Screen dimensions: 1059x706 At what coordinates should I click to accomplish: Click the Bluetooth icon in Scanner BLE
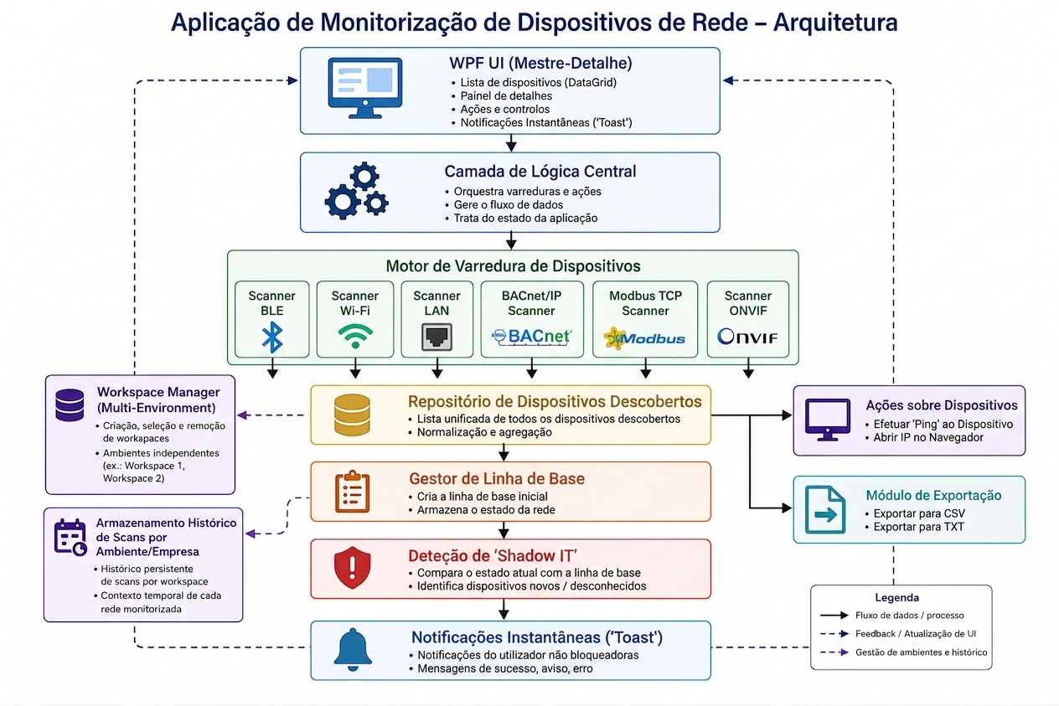272,337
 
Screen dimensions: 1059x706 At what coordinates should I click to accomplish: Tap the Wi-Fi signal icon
355,337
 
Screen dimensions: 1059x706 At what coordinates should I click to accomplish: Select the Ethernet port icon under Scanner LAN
437,337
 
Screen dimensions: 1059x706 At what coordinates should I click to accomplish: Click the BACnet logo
532,338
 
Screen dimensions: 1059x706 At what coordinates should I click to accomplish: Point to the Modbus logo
644,338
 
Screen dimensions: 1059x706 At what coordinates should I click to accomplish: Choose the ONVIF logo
747,337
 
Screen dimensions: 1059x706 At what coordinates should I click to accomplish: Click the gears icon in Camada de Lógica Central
357,191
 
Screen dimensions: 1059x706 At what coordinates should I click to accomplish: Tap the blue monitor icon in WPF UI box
365,88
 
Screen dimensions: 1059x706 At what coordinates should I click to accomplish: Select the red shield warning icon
352,568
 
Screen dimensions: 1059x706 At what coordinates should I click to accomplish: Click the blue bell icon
353,649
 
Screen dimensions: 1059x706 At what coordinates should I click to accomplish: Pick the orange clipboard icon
352,492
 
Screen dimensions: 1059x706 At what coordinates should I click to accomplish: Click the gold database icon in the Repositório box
352,415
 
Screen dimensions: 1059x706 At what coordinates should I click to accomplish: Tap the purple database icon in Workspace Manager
70,405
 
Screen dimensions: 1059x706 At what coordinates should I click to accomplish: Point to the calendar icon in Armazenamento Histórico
70,538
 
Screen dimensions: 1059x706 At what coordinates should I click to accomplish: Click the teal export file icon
825,510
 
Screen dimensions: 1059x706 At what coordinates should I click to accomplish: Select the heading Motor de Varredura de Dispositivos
513,266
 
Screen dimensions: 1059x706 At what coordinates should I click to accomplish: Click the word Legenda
896,597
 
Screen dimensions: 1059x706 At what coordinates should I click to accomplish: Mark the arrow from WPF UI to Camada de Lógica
511,143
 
